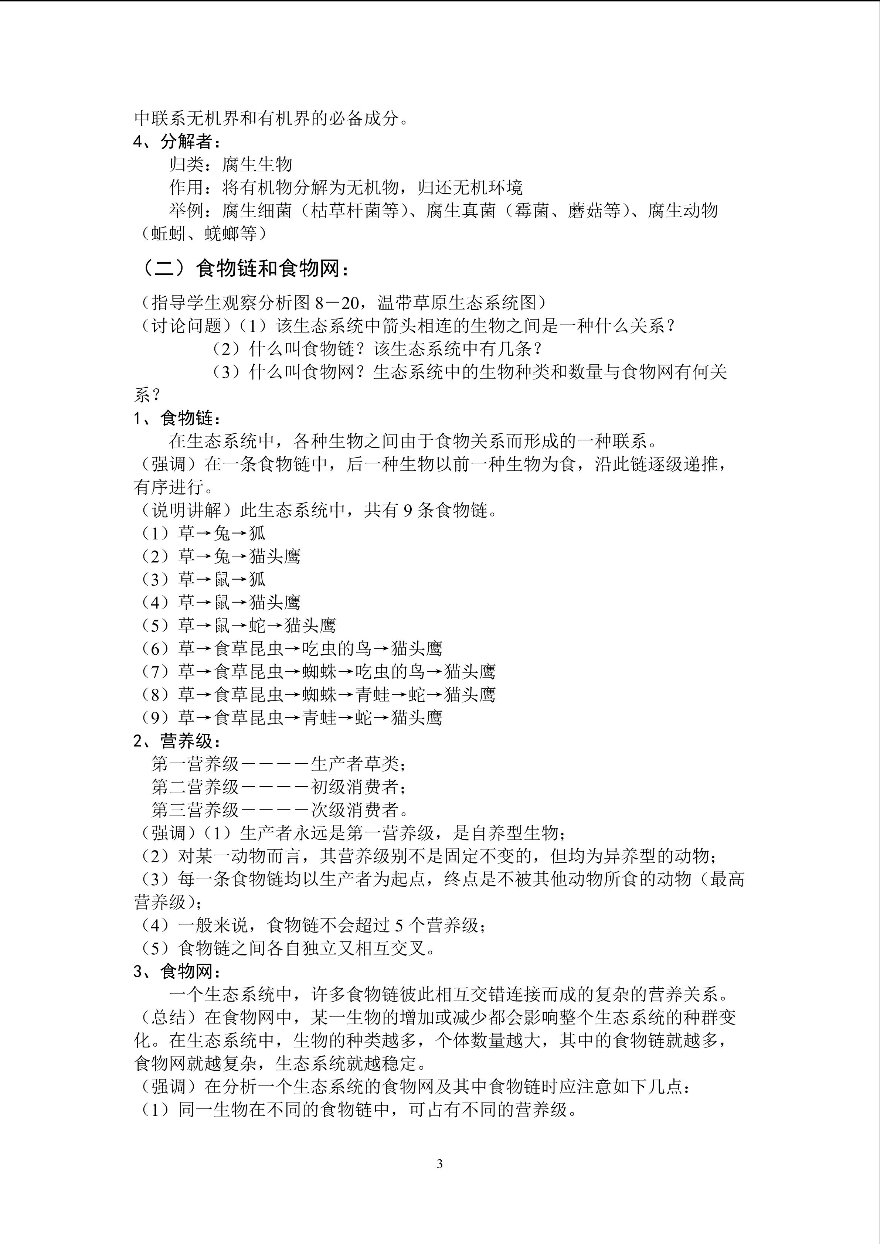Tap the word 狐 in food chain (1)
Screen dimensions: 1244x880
257,534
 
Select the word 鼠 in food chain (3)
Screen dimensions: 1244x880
222,580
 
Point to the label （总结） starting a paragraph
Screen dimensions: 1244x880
169,1018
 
